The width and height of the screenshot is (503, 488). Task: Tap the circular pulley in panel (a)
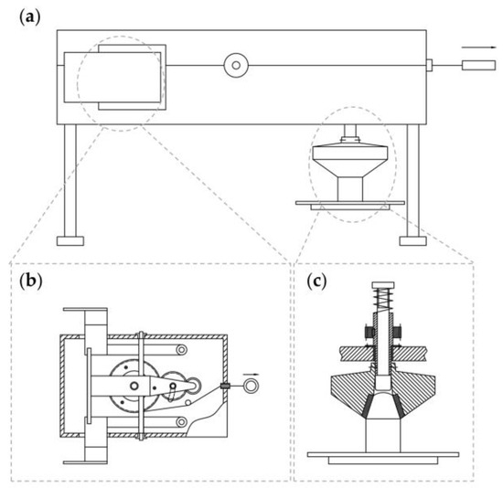236,65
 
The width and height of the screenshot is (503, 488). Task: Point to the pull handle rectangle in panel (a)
477,65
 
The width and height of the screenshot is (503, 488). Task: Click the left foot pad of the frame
70,241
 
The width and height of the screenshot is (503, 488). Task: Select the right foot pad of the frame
413,241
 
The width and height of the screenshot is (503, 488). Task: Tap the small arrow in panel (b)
250,374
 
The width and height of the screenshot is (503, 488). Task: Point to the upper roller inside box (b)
183,350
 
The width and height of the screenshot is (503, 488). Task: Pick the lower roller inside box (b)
183,420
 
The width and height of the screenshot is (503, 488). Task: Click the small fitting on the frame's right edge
429,65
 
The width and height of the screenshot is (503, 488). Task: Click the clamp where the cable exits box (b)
224,387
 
